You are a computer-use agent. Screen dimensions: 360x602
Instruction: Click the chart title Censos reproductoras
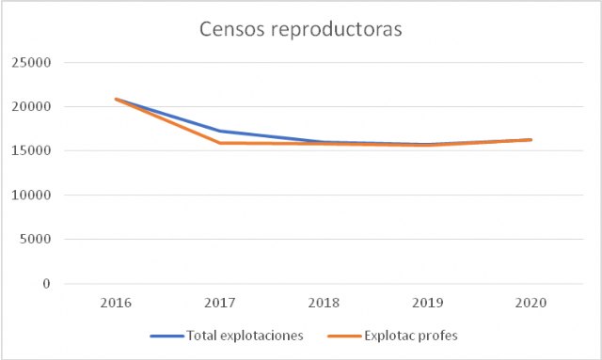tap(300, 30)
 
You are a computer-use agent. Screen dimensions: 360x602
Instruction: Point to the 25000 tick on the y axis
tap(30, 63)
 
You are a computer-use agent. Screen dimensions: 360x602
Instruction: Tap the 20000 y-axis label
tap(30, 107)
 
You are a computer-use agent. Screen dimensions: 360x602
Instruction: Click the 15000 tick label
tap(30, 151)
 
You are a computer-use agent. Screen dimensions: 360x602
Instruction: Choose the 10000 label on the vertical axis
tap(30, 196)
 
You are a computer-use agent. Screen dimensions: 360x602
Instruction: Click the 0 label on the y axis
tap(44, 284)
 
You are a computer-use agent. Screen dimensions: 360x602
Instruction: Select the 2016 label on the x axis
tap(117, 305)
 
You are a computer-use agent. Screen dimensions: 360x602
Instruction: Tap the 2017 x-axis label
tap(220, 305)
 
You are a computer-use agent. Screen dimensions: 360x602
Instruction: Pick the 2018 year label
tap(324, 305)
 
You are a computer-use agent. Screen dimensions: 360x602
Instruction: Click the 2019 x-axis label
tap(427, 305)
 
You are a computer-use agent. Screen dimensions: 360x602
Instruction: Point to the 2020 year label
tap(531, 305)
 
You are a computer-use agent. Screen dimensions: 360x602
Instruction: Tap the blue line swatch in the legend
tap(166, 336)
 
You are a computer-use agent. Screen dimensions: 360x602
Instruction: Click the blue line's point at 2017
tap(220, 131)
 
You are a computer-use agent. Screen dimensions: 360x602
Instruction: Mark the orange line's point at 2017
tap(220, 143)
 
